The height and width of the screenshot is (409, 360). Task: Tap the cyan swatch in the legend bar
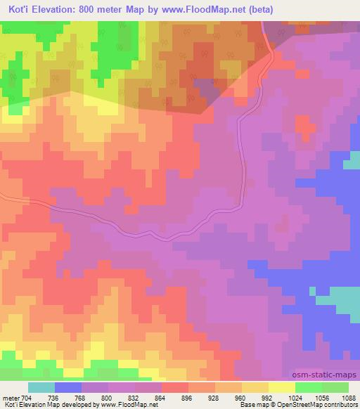point(41,387)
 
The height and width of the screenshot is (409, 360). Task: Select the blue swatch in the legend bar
point(68,387)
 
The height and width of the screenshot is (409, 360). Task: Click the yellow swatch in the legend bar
point(282,387)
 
